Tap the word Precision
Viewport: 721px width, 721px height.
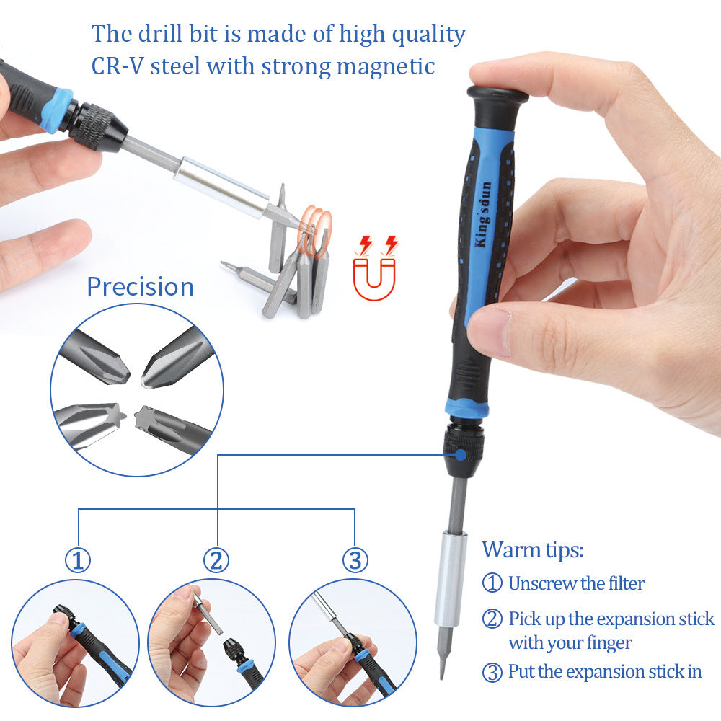pyautogui.click(x=140, y=287)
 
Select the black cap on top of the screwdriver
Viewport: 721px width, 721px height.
pyautogui.click(x=497, y=96)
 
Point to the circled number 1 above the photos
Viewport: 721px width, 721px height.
pyautogui.click(x=78, y=560)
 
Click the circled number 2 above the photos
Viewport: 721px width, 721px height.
pyautogui.click(x=216, y=560)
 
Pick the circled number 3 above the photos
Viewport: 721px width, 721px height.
pyautogui.click(x=355, y=560)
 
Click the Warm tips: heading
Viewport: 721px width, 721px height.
pyautogui.click(x=532, y=550)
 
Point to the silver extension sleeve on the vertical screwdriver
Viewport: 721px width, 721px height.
pyautogui.click(x=451, y=580)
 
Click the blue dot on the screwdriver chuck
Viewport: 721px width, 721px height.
pyautogui.click(x=459, y=454)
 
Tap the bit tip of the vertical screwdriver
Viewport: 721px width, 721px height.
pyautogui.click(x=443, y=667)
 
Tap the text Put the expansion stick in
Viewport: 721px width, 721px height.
pyautogui.click(x=604, y=672)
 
